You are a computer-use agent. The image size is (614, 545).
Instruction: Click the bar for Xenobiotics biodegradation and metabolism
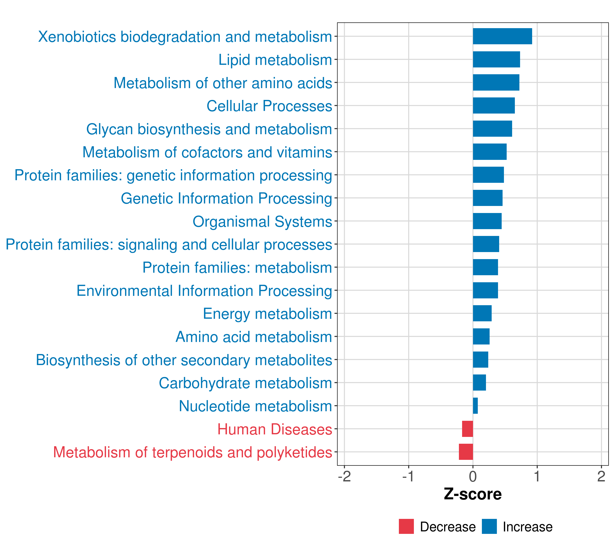pos(502,36)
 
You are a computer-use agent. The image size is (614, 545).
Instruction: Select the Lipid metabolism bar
pos(496,59)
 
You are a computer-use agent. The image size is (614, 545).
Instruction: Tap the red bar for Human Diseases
pos(467,429)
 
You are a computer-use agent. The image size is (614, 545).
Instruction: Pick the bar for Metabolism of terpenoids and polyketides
pos(466,452)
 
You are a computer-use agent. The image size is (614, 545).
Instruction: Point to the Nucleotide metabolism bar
pos(475,406)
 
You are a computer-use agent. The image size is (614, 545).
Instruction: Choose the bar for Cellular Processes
pos(493,106)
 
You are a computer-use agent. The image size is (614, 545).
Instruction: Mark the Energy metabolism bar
pos(482,313)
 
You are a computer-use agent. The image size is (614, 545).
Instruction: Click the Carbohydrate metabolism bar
pos(479,382)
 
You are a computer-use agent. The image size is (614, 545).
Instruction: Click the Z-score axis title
pos(473,494)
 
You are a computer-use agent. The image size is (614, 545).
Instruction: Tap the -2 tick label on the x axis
pos(344,476)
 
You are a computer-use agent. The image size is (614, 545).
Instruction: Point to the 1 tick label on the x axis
pos(537,476)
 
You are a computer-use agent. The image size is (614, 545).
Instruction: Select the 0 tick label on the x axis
pos(473,476)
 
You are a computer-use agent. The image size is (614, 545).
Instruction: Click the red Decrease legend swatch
pos(406,526)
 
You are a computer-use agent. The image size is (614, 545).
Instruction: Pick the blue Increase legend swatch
pos(489,526)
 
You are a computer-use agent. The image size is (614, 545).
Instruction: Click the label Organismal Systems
pos(262,222)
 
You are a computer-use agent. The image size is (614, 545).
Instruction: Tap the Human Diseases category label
pos(274,429)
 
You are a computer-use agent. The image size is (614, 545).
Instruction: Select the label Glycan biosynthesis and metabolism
pos(209,129)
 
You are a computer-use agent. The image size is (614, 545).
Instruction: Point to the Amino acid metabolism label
pos(254,337)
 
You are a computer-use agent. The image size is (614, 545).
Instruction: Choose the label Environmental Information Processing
pos(204,291)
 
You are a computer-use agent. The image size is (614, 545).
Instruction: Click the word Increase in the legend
pos(528,527)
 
